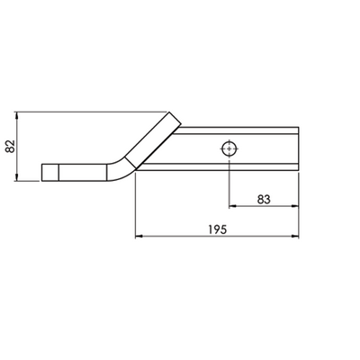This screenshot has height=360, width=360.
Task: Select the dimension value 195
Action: click(x=214, y=229)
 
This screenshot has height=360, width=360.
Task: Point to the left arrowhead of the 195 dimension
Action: click(x=138, y=238)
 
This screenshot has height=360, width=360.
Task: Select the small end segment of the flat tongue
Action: click(x=50, y=172)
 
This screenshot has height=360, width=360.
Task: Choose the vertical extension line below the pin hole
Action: click(x=230, y=184)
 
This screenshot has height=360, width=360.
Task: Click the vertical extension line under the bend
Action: click(x=134, y=207)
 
